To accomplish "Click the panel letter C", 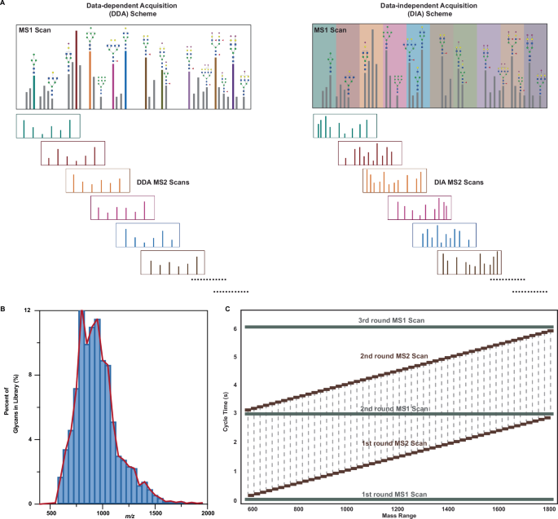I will click(226, 310).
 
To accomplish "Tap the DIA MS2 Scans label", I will click(457, 182).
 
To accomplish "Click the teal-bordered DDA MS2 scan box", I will click(48, 126).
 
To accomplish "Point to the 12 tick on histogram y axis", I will click(28, 311).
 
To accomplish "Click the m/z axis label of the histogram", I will click(130, 514).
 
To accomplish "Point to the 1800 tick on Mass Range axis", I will click(550, 508).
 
